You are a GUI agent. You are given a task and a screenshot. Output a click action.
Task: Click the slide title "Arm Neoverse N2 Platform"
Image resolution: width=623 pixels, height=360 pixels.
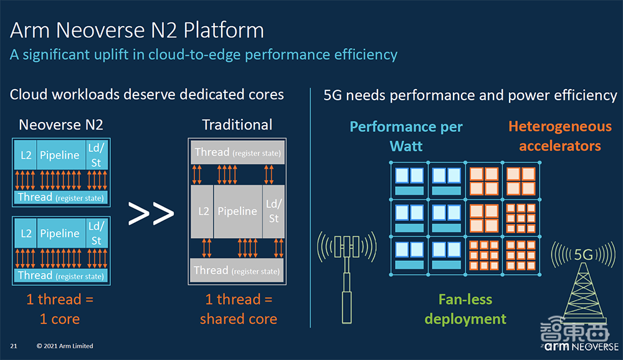(x=137, y=30)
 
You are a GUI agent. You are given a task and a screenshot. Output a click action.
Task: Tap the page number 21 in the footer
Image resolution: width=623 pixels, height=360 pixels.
(x=13, y=346)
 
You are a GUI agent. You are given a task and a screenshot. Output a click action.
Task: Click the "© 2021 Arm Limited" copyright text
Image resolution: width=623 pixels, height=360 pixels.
(x=65, y=346)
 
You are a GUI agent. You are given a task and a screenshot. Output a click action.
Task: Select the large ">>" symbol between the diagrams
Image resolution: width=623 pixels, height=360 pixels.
(x=151, y=214)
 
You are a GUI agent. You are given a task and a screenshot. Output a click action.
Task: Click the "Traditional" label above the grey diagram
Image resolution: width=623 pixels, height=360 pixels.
(x=237, y=125)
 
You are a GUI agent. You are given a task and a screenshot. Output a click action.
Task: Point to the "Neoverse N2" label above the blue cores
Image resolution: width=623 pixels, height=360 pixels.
(x=61, y=125)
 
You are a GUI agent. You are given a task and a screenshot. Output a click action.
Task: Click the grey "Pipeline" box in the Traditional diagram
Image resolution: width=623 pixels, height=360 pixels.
(x=237, y=211)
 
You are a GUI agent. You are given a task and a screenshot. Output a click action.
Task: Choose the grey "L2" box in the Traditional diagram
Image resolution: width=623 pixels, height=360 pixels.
(x=204, y=211)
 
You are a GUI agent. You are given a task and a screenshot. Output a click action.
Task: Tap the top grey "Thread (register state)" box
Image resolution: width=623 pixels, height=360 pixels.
(x=237, y=153)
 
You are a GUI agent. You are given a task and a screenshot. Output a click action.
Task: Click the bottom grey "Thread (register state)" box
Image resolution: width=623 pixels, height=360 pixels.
(x=237, y=270)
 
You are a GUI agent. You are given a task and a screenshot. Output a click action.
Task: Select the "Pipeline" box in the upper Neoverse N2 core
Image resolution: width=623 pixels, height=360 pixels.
(x=60, y=154)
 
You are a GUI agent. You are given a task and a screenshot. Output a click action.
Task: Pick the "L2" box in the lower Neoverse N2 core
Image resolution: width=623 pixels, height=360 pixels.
(x=26, y=234)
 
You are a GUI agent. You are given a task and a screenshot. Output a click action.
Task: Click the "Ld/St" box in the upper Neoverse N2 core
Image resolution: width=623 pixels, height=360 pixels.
(x=97, y=154)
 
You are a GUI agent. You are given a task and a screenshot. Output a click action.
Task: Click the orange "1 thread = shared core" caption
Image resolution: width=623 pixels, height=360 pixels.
(x=239, y=310)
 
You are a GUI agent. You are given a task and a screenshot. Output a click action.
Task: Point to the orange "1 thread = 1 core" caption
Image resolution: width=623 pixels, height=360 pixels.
(x=60, y=310)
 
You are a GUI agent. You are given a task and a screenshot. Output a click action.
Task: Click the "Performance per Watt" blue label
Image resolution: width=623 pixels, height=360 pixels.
(x=406, y=136)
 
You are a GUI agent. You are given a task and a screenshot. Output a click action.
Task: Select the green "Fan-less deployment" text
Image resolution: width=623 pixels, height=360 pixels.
(x=465, y=310)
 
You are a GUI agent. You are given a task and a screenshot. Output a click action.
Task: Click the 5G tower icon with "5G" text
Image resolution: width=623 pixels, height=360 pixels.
(x=583, y=280)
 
